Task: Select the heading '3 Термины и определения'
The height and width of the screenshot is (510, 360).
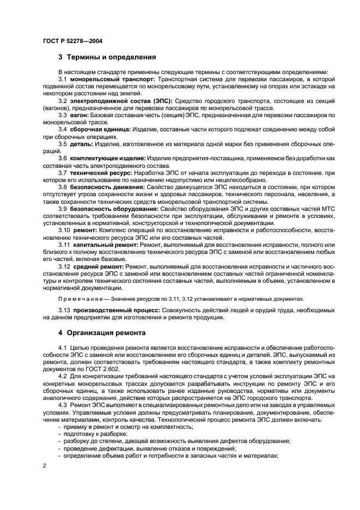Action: point(107,57)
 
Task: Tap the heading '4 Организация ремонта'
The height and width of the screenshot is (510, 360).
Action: point(102,332)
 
